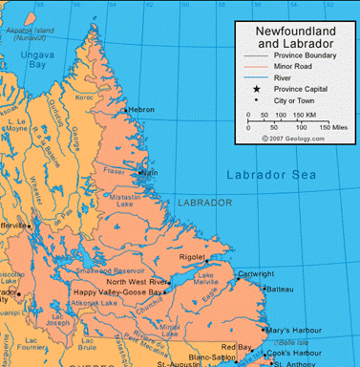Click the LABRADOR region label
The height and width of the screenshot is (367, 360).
pyautogui.click(x=205, y=203)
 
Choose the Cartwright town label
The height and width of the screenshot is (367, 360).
pyautogui.click(x=255, y=273)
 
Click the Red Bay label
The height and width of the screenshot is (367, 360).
pyautogui.click(x=234, y=346)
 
